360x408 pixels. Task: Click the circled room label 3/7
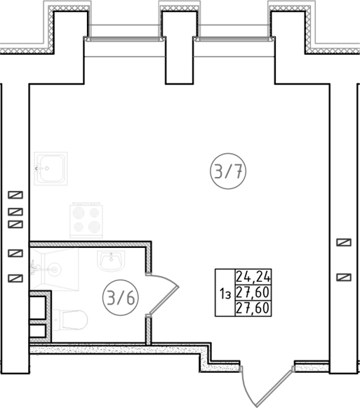coord(228,171)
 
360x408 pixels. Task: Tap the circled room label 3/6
coord(121,298)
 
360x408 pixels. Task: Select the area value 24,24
coord(253,277)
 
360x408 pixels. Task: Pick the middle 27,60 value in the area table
coord(253,292)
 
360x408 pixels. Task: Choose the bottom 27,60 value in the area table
coord(253,308)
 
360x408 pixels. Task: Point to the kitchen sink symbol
coord(51,169)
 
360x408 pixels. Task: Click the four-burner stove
coord(86,220)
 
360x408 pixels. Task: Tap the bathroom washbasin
coord(111,261)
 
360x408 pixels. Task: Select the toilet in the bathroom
coord(70,320)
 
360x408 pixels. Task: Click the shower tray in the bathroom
coord(55,269)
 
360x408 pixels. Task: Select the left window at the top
coord(125,39)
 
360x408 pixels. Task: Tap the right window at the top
coord(234,39)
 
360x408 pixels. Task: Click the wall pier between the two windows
coord(180,48)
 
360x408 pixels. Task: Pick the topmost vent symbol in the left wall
coord(15,195)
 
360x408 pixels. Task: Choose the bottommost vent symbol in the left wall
coord(15,278)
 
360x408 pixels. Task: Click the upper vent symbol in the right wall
coord(344,242)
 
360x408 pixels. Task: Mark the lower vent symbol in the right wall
coord(344,277)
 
